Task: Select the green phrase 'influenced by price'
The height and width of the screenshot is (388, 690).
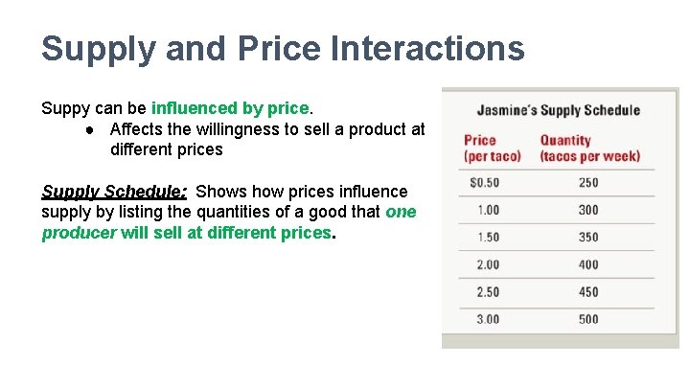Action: tap(230, 108)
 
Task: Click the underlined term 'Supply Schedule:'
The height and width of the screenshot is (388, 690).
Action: tap(114, 192)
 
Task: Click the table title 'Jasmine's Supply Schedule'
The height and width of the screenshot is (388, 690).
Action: tap(558, 109)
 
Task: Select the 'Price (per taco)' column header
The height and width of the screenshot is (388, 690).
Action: tap(492, 148)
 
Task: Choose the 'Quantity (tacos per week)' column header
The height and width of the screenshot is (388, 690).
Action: tap(588, 148)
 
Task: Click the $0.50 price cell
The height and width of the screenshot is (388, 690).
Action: tap(484, 183)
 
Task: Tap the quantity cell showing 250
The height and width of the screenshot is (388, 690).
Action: tap(588, 183)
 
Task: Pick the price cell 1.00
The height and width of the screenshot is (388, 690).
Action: tap(487, 210)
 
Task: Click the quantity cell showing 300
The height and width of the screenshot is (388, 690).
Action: tap(588, 210)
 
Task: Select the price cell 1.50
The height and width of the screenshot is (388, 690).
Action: tap(487, 238)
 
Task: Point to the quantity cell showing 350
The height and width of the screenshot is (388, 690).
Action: tap(588, 238)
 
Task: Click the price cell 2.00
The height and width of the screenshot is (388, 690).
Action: tap(487, 264)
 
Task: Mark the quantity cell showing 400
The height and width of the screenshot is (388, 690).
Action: tap(588, 264)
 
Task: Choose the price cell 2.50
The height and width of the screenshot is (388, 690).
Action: tap(487, 292)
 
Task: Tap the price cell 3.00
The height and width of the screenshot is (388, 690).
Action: tap(487, 319)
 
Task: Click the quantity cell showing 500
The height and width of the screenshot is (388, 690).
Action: tap(588, 319)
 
